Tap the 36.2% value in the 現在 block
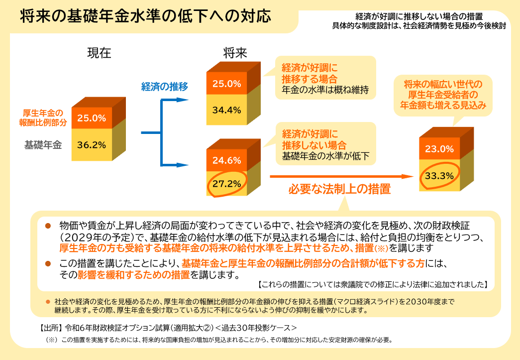point(92,145)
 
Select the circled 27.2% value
point(226,183)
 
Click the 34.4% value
point(226,110)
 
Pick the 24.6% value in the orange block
point(226,160)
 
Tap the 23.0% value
point(439,148)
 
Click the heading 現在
point(99,53)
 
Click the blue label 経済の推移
point(165,87)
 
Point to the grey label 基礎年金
point(43,145)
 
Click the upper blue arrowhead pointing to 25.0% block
point(184,100)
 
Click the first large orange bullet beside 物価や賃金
point(48,226)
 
